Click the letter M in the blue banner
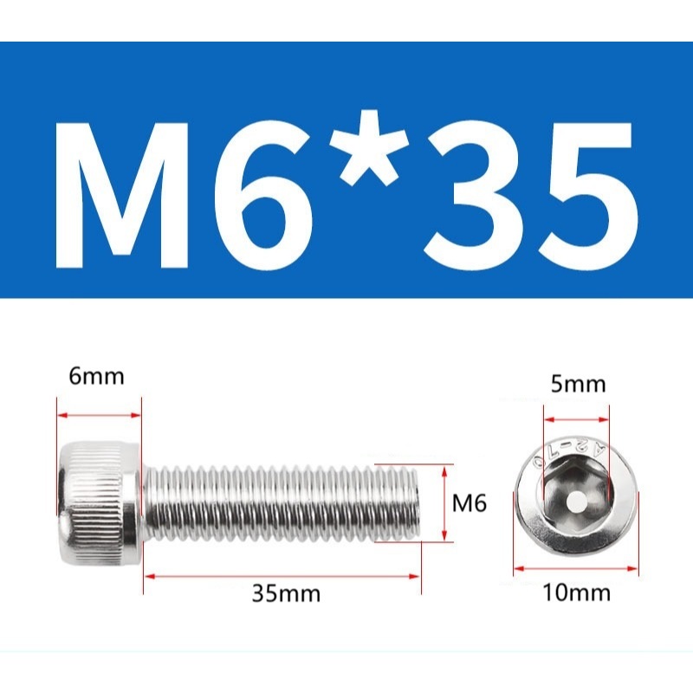pyautogui.click(x=122, y=196)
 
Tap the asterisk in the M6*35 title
pyautogui.click(x=365, y=148)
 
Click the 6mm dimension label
pyautogui.click(x=96, y=377)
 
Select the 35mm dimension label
pyautogui.click(x=286, y=593)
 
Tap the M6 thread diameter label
pyautogui.click(x=469, y=503)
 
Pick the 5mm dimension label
pyautogui.click(x=578, y=384)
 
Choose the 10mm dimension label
pyautogui.click(x=576, y=593)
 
